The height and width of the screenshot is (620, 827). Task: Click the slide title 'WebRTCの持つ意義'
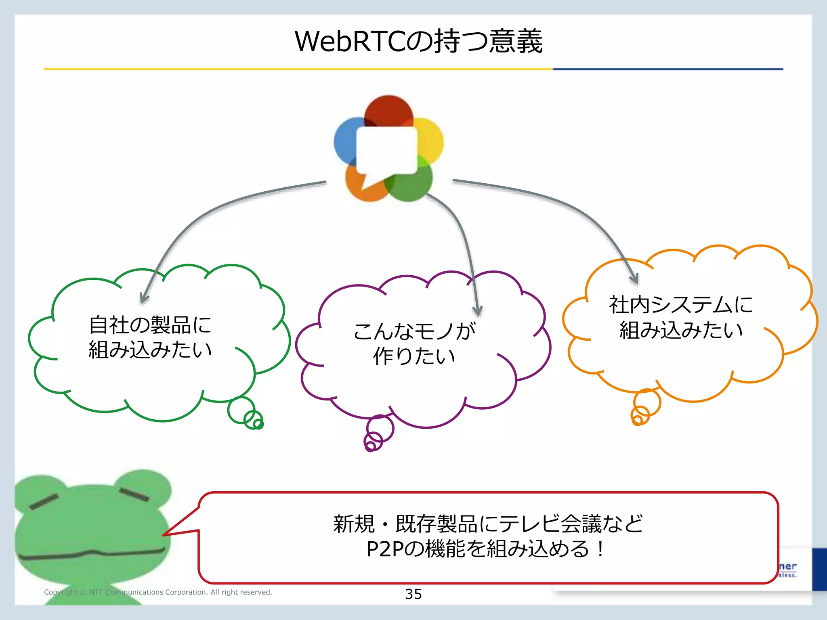tap(419, 42)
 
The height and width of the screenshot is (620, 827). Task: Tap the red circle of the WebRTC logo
tap(388, 110)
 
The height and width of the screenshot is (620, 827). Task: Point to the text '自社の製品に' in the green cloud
tap(150, 325)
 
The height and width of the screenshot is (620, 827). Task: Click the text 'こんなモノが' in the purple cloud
tap(414, 331)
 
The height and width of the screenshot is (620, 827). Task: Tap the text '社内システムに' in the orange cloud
tap(681, 305)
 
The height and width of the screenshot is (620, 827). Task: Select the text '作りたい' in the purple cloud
tap(414, 356)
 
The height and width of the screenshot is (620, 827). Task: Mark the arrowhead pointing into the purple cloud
tap(478, 311)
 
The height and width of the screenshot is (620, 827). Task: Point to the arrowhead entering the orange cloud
tap(634, 278)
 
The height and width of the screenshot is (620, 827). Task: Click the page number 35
tap(413, 594)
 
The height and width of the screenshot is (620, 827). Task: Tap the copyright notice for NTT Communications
tap(158, 592)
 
